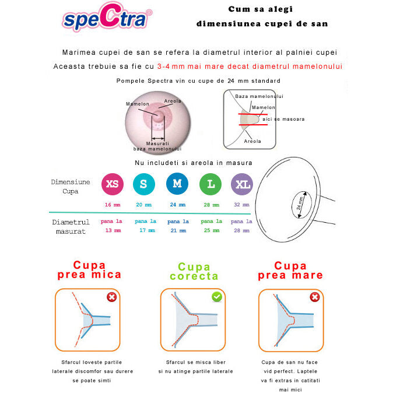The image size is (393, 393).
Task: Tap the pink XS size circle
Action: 112,184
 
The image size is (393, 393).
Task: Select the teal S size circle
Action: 143,184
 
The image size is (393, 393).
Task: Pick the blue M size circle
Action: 177,184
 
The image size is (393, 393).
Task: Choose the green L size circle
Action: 210,184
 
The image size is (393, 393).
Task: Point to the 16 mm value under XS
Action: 112,205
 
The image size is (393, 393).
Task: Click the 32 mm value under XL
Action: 241,205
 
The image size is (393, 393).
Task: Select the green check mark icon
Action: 217,297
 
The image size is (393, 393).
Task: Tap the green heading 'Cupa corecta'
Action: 194,272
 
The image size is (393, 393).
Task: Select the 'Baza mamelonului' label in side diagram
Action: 259,96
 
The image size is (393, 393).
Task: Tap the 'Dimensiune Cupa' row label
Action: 71,186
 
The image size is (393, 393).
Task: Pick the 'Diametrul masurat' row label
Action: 71,226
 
